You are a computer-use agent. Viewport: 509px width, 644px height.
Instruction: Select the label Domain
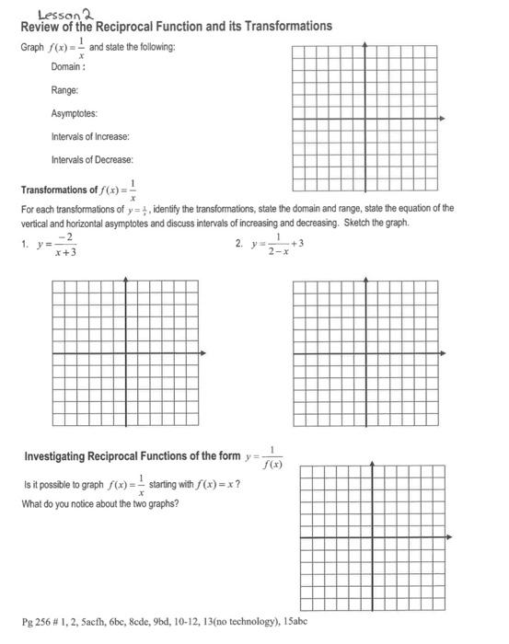tap(69, 67)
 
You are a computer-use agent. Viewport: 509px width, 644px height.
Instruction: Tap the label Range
tap(64, 90)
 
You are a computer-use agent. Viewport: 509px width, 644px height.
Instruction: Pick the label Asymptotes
tap(75, 113)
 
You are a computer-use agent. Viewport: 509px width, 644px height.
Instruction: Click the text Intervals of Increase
tap(90, 136)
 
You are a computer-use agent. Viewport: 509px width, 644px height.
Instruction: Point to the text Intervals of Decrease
tap(92, 159)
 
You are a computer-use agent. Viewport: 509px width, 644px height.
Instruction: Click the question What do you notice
tap(100, 503)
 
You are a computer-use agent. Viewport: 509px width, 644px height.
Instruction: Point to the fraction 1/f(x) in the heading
tap(272, 456)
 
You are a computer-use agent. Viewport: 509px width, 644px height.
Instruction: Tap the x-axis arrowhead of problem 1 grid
tap(202, 352)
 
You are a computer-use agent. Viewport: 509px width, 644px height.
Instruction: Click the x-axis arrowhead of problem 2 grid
tap(442, 352)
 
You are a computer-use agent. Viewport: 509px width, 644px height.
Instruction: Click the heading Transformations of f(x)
tap(78, 190)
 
